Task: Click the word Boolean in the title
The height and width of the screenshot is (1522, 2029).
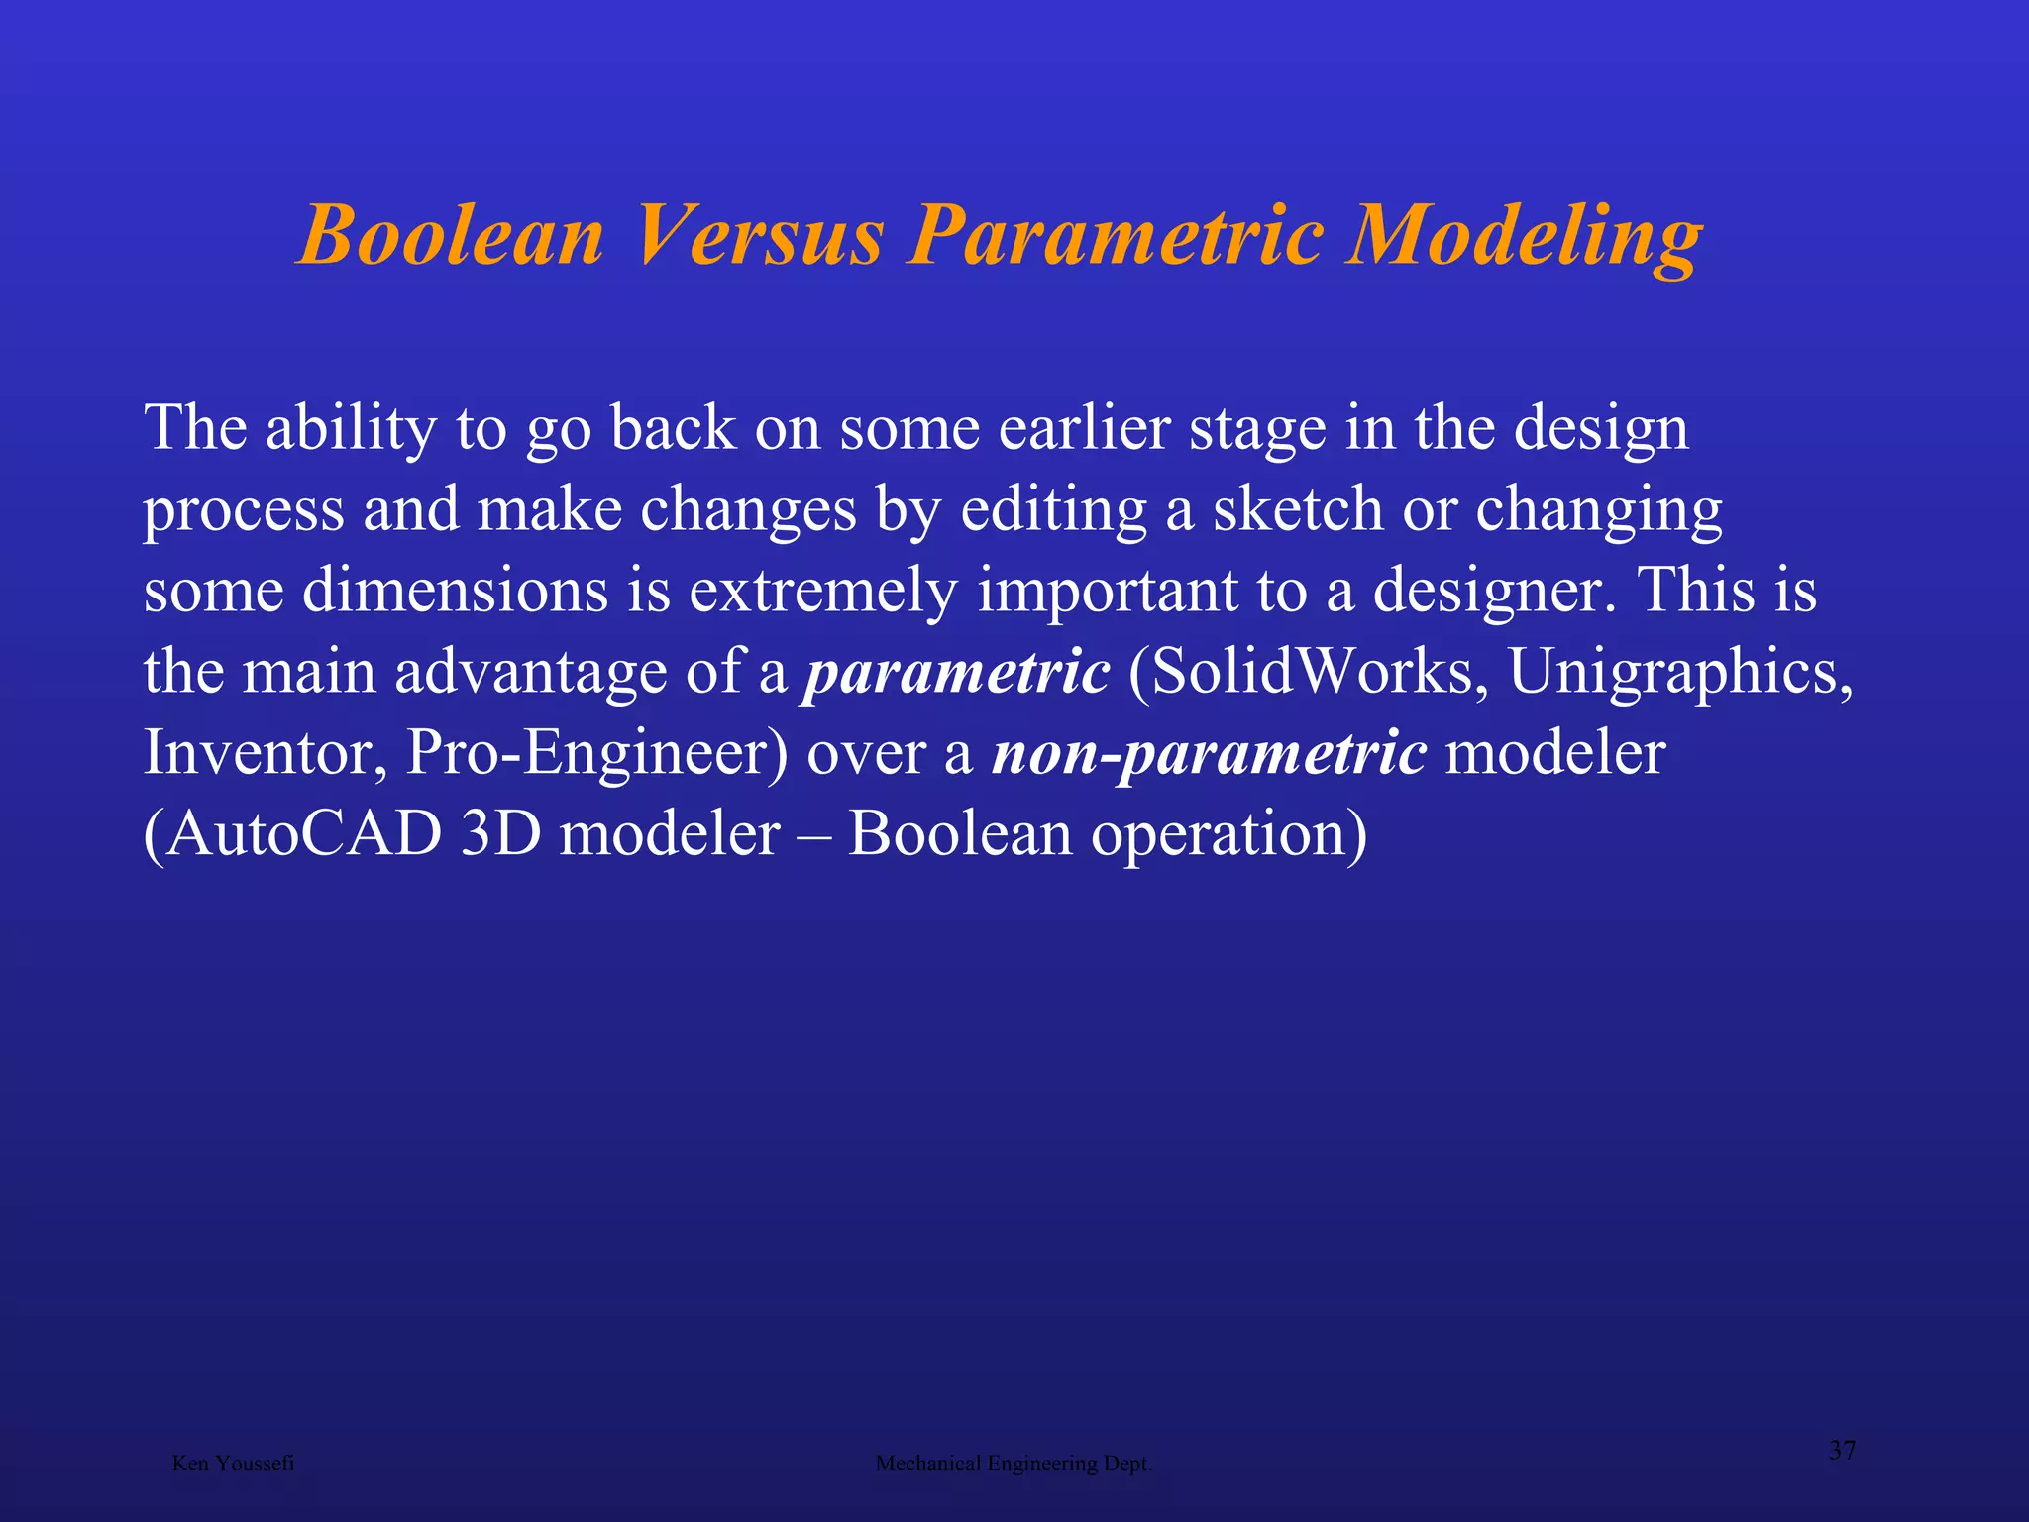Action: click(x=451, y=236)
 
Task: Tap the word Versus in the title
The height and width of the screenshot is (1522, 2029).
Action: click(x=758, y=236)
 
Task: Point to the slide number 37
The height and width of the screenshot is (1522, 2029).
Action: click(x=1842, y=1451)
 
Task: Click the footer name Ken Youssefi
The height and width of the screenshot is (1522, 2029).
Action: click(x=233, y=1464)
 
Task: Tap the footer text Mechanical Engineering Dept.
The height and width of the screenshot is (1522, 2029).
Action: click(x=1014, y=1464)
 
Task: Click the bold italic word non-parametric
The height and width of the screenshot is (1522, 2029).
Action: click(x=1210, y=753)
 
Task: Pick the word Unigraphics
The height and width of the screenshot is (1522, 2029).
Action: click(x=1680, y=674)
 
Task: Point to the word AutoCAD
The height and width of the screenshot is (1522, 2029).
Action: click(x=303, y=834)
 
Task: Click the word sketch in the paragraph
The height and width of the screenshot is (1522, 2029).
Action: click(x=1298, y=509)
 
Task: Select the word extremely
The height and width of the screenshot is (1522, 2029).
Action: click(x=822, y=593)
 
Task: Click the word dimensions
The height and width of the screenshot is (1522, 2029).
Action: click(x=455, y=591)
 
